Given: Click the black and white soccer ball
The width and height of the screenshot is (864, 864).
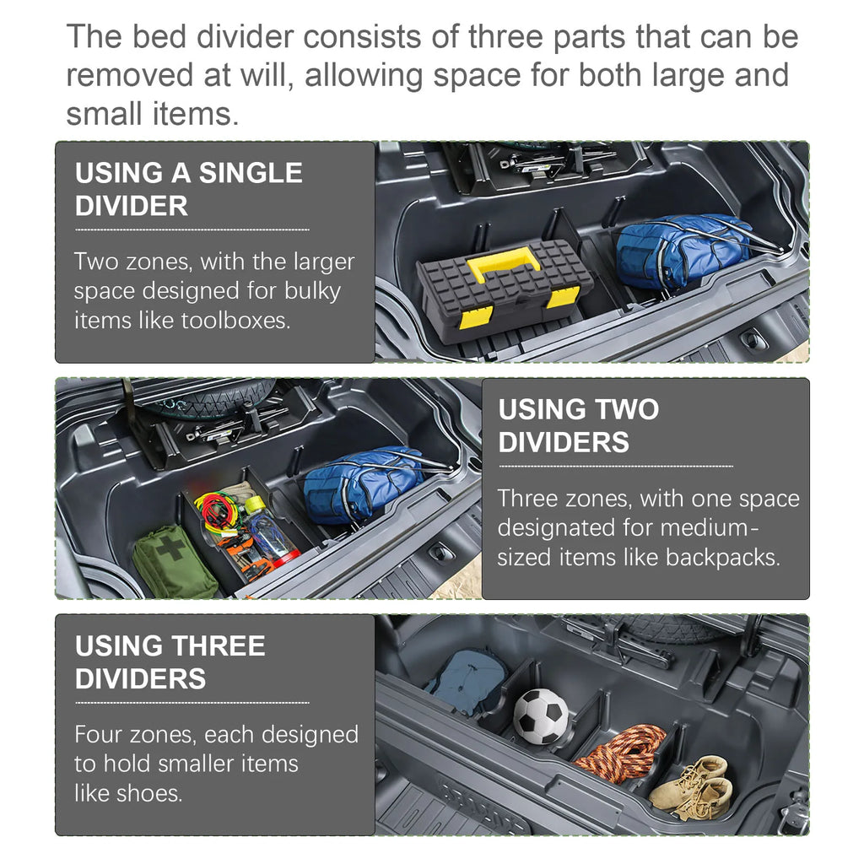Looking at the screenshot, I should [540, 716].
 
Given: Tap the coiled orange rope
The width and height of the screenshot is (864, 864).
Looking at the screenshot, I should [620, 753].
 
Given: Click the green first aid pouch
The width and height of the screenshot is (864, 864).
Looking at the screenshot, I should [174, 563].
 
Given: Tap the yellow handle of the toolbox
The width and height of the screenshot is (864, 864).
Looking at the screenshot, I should [503, 264].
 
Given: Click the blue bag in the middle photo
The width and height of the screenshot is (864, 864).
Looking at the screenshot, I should [363, 483].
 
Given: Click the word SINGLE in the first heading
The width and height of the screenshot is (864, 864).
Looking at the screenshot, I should [250, 173].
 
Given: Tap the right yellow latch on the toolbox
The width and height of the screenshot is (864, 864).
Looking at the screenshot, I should [564, 298].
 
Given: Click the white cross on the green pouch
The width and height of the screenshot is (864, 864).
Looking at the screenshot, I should [171, 548].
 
